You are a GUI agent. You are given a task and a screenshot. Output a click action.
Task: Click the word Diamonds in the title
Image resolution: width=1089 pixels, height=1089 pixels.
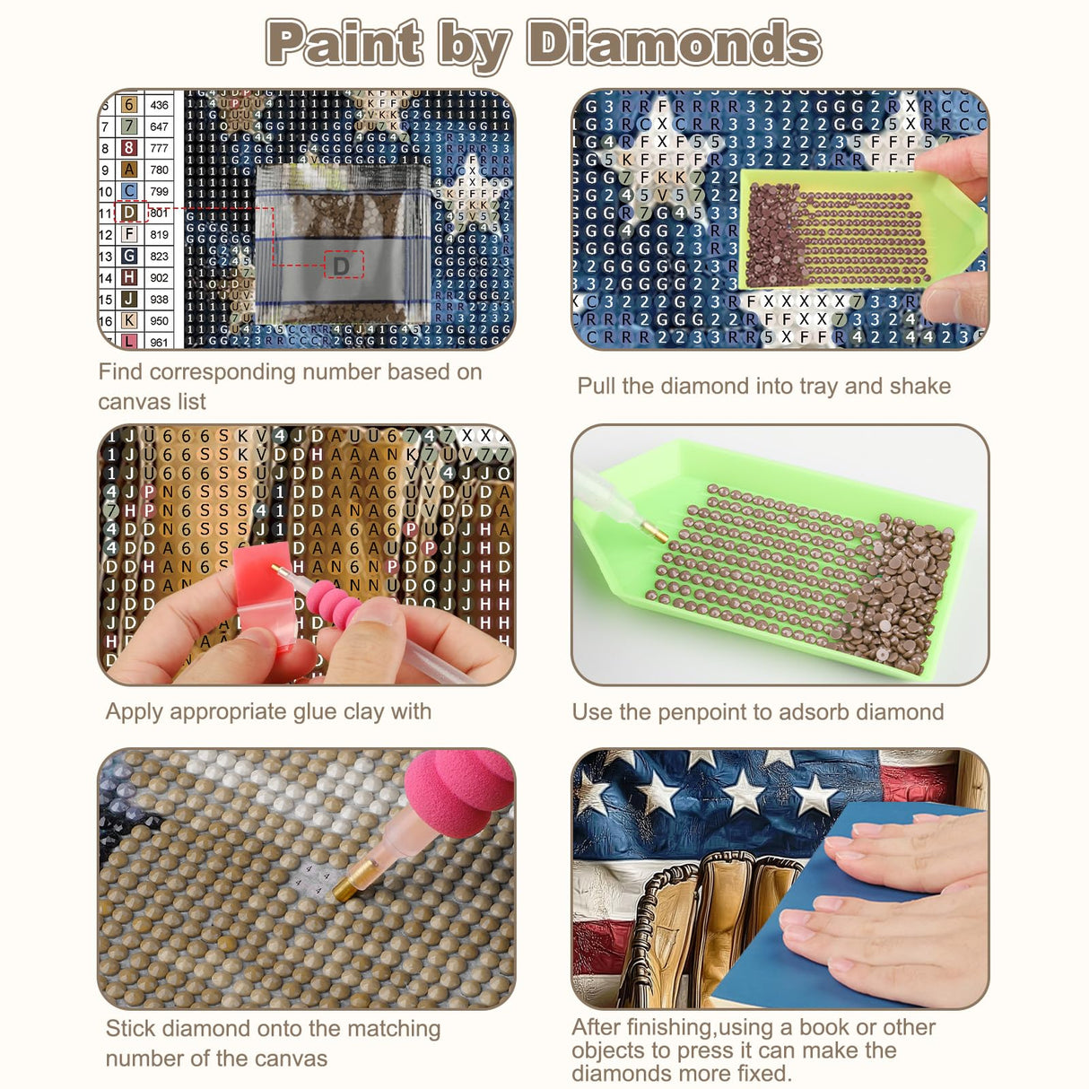(673, 43)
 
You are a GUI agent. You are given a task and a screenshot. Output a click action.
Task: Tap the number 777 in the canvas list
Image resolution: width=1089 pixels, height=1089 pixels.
(159, 148)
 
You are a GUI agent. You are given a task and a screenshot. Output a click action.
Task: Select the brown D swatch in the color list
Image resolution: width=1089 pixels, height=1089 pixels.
(129, 213)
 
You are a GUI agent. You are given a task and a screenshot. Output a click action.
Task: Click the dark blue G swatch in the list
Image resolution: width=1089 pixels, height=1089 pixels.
(129, 256)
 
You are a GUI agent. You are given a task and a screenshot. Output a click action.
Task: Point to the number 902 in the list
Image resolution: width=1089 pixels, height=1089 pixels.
(159, 278)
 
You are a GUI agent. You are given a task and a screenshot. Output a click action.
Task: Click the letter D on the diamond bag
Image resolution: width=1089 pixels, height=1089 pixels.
(341, 266)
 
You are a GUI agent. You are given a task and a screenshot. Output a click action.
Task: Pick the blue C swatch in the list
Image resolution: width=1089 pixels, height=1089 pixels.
(129, 191)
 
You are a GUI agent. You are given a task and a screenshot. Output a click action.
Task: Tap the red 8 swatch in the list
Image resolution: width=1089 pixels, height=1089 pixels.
(129, 148)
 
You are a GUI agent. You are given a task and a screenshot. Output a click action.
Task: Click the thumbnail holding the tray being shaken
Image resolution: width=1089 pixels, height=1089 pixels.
(780, 219)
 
